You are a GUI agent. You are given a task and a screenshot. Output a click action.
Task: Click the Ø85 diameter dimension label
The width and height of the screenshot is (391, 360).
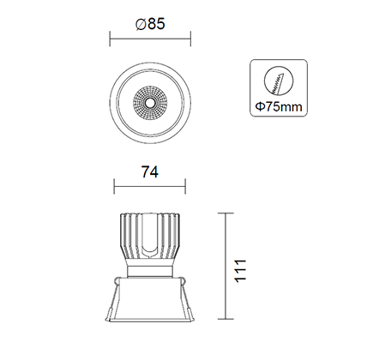tap(150, 24)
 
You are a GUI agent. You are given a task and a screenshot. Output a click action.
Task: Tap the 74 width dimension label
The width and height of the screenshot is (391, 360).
tap(150, 172)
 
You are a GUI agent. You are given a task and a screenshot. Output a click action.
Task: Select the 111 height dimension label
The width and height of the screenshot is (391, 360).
tap(240, 271)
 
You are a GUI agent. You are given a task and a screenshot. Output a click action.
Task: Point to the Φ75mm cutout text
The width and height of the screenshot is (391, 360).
tap(279, 107)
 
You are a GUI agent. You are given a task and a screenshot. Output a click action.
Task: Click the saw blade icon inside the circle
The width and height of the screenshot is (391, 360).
tap(278, 83)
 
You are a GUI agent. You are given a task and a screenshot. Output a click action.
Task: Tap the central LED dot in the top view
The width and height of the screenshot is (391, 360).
tap(150, 102)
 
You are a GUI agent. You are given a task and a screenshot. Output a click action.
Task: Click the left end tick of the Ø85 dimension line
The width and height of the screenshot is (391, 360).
tap(110, 39)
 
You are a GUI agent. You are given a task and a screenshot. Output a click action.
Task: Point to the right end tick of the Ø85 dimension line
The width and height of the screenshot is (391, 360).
tap(190, 39)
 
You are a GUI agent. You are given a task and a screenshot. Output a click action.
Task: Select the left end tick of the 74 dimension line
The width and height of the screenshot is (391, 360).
tap(114, 187)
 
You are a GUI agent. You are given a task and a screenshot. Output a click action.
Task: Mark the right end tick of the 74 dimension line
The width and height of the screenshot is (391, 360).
tap(185, 187)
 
